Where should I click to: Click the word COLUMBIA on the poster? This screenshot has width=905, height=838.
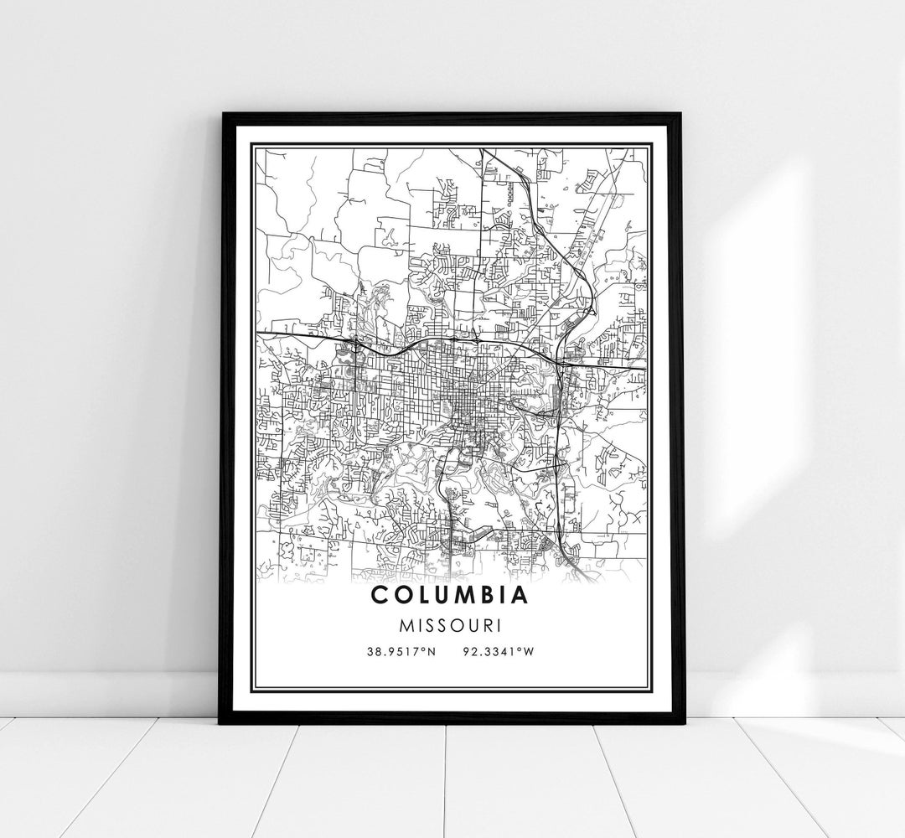click(x=452, y=596)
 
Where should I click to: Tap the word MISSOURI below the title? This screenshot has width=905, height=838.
click(x=452, y=626)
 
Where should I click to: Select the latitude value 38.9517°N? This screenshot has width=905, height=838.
click(x=401, y=651)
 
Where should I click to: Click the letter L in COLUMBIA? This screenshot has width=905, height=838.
click(x=423, y=596)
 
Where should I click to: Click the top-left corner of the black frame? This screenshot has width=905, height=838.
click(x=221, y=114)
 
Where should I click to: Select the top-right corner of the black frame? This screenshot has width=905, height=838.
click(x=682, y=114)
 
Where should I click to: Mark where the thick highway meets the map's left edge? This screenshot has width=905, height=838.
click(x=257, y=334)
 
